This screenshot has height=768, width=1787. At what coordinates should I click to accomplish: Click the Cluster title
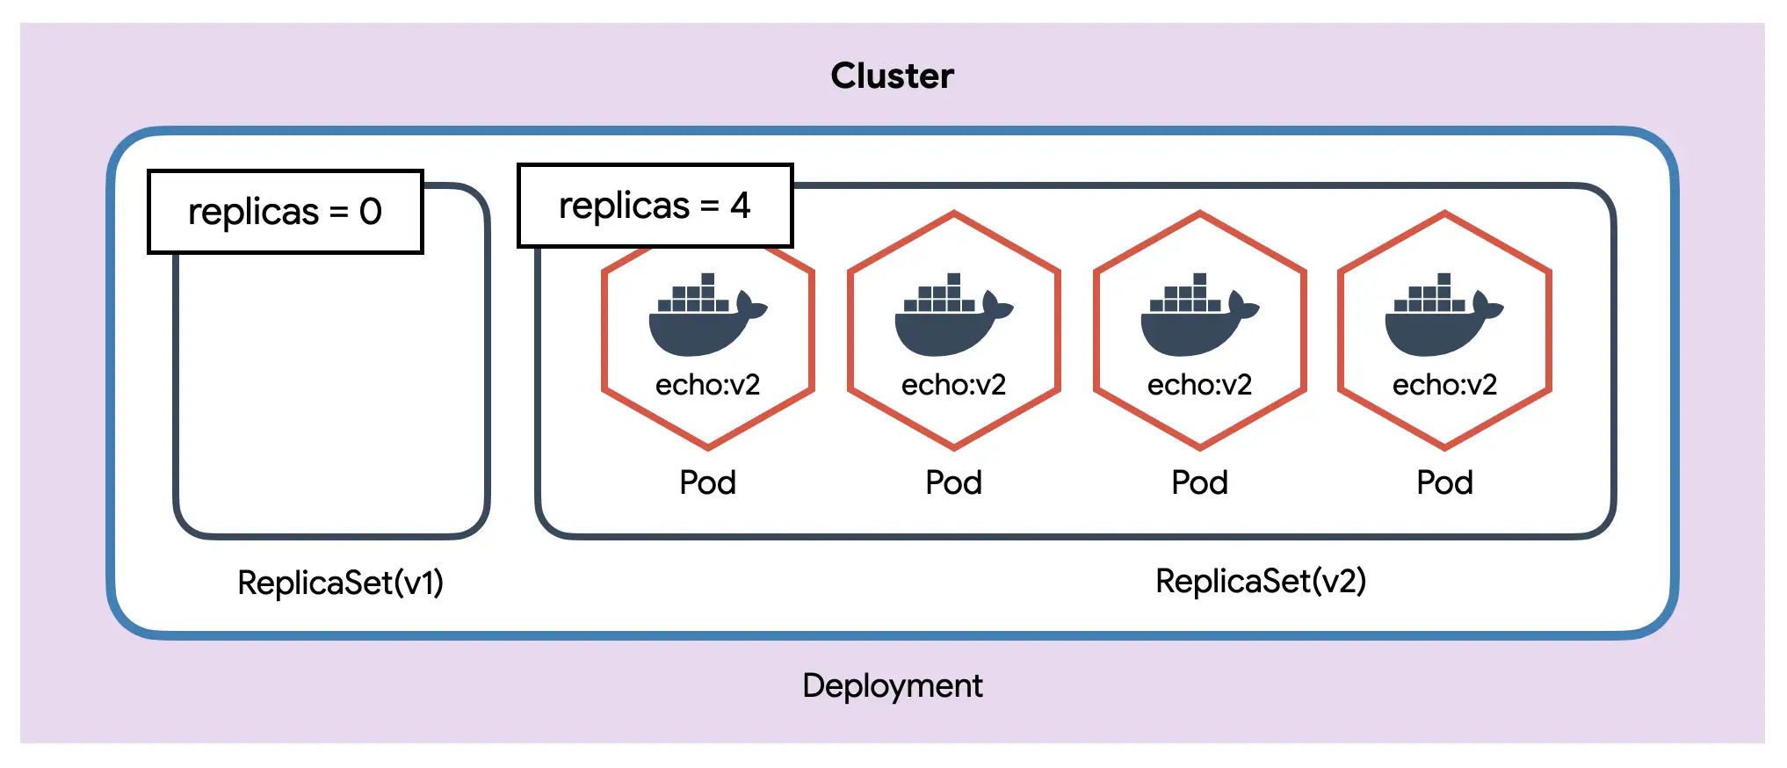892,76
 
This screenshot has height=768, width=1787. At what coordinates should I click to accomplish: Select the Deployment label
892,685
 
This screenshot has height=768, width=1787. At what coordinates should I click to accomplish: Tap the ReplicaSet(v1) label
340,583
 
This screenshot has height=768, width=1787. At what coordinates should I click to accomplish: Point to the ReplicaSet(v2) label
1260,581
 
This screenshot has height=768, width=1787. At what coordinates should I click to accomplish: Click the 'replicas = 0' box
286,212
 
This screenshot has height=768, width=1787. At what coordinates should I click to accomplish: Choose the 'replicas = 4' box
655,206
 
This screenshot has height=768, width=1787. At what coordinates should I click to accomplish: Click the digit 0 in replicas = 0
371,212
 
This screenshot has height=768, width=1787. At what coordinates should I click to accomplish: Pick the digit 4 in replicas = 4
741,206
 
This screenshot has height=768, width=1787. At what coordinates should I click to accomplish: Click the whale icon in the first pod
703,318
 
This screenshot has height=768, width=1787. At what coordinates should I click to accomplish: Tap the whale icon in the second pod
949,318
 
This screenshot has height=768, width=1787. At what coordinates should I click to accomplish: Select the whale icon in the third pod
1195,318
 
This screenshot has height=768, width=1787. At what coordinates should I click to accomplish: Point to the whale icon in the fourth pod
1439,318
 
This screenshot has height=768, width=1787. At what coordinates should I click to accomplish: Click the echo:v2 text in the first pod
707,385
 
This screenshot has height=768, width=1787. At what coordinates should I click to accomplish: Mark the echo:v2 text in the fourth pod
1444,385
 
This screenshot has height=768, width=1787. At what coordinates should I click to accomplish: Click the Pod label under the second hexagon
953,482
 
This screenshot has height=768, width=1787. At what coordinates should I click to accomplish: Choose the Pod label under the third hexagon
1199,482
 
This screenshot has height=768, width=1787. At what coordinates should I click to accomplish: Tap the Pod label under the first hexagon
707,482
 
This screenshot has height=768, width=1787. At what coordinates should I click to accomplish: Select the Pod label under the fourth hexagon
1444,482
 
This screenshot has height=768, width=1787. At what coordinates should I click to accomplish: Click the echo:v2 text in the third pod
1199,385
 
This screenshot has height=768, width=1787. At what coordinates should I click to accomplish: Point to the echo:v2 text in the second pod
953,385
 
